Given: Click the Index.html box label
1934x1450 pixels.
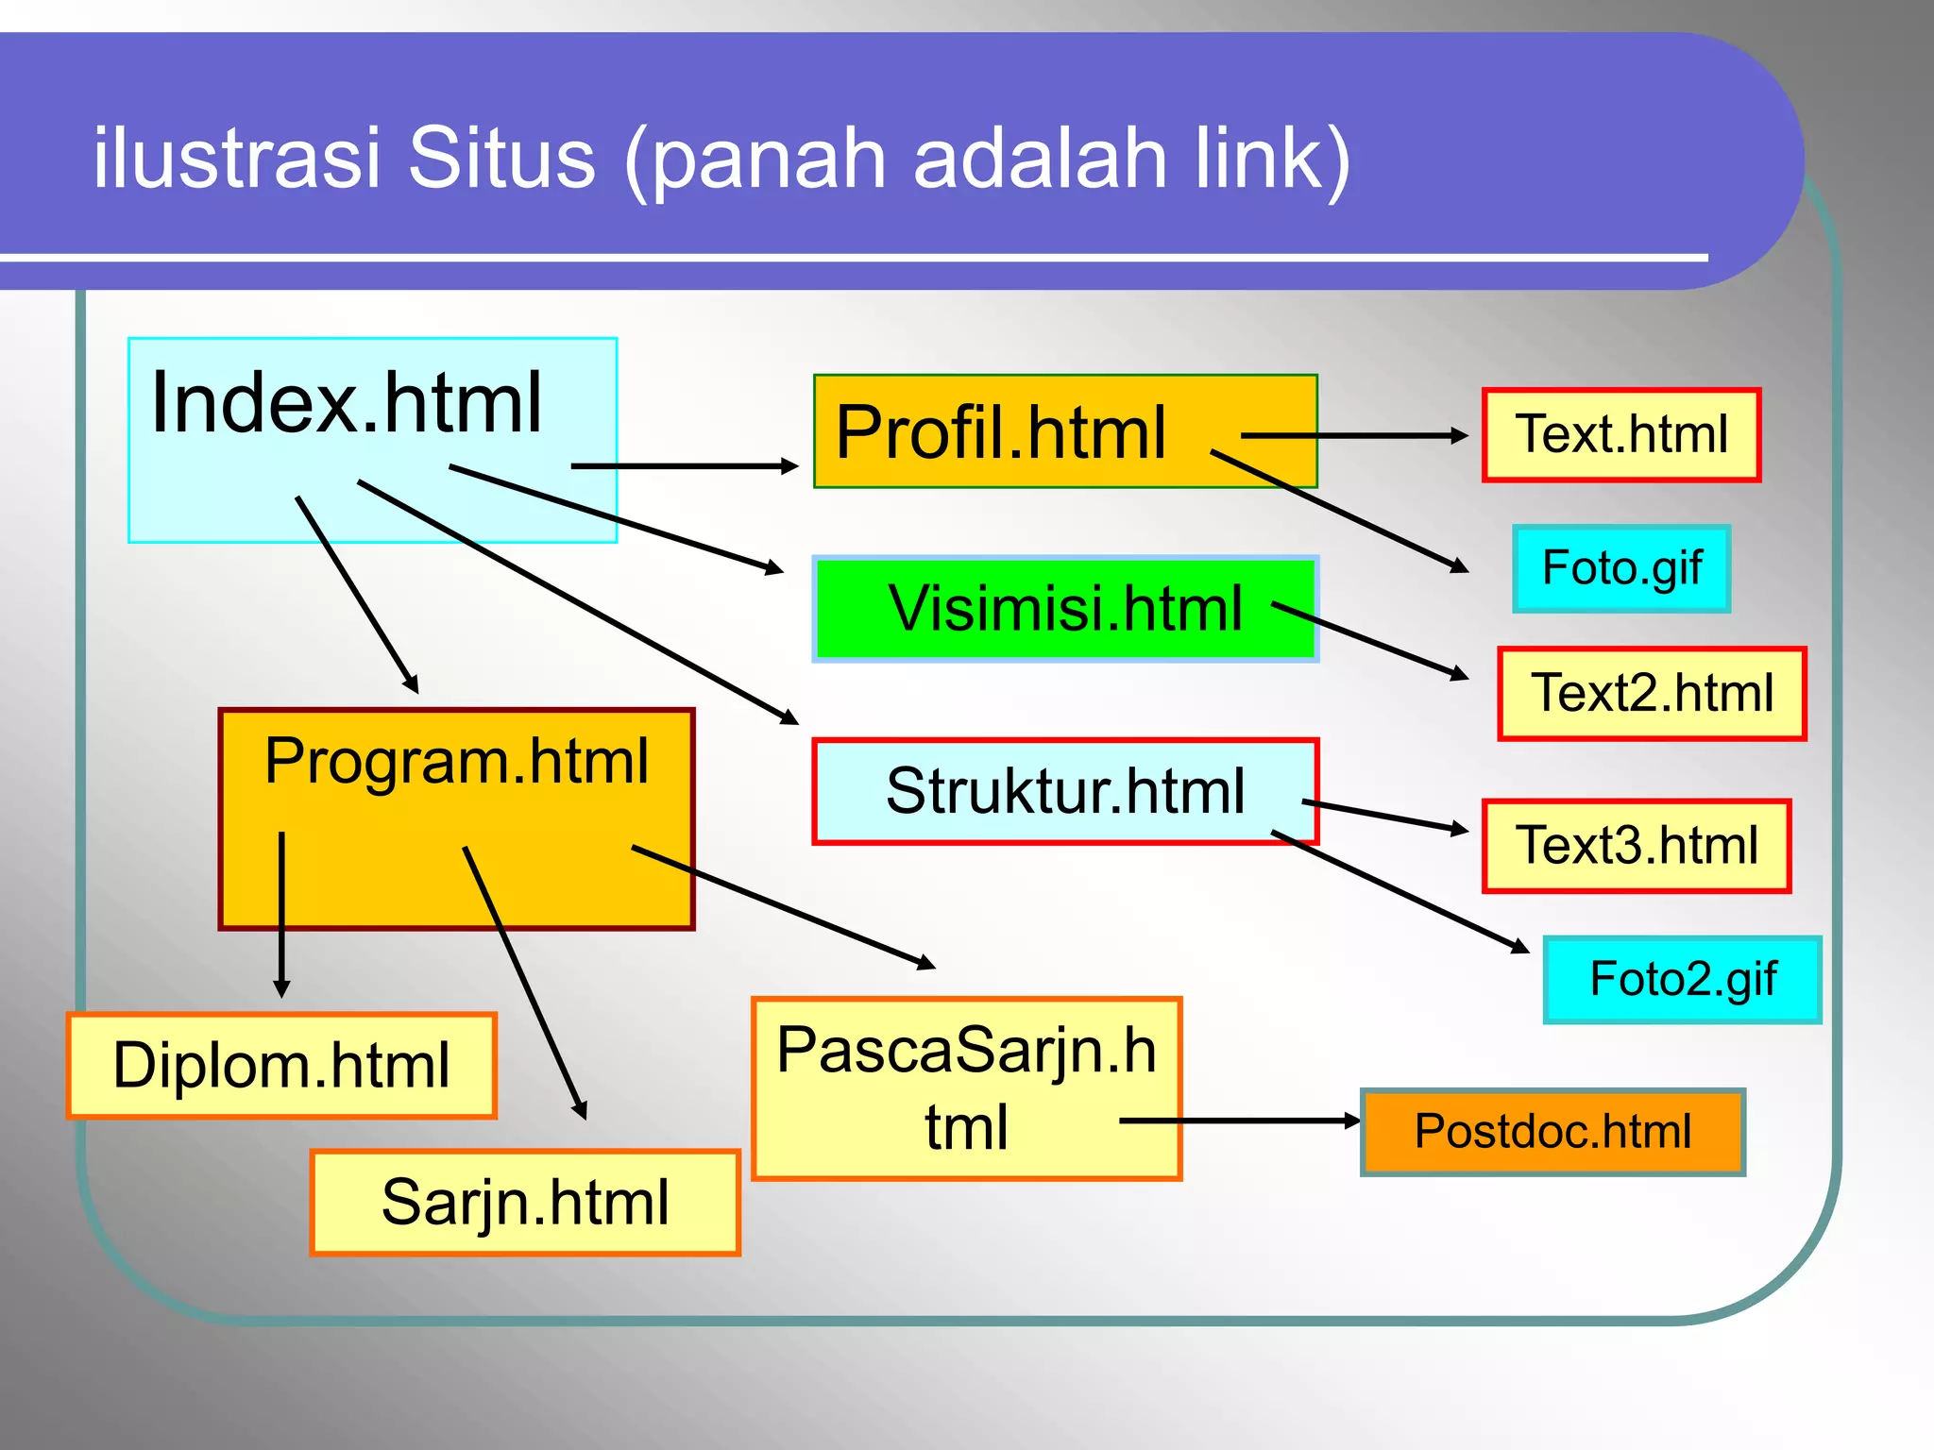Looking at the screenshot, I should (x=347, y=404).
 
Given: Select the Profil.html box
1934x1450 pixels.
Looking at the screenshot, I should (x=1001, y=431).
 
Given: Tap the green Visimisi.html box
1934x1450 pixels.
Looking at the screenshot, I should (x=1064, y=608).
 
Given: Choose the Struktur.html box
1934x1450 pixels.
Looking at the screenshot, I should (x=1064, y=791).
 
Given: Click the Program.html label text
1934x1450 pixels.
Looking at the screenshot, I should (x=456, y=761).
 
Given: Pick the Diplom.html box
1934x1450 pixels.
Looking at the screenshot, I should (x=281, y=1066).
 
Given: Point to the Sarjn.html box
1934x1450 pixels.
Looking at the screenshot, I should (x=525, y=1203).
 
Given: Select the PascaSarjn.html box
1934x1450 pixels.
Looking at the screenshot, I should (x=966, y=1088).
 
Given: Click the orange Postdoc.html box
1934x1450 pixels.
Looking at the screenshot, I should (x=1552, y=1132).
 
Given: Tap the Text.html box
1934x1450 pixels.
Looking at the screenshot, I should (x=1621, y=435).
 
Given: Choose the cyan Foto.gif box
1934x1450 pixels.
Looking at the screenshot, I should (x=1621, y=569).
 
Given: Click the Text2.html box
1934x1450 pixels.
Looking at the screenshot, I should (x=1652, y=693).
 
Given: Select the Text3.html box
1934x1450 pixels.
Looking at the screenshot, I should (x=1637, y=846).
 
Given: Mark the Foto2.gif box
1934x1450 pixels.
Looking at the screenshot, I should (x=1683, y=980).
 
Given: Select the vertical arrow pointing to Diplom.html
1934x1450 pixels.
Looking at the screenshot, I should (x=281, y=916).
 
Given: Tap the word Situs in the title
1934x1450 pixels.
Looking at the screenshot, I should (x=501, y=158).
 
